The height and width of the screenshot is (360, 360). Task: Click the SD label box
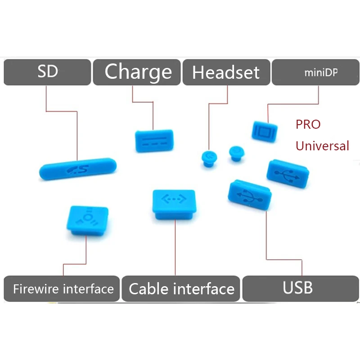[x=47, y=72]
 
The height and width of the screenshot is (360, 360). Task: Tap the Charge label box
[x=137, y=72]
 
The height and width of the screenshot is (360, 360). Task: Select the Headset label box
[x=226, y=72]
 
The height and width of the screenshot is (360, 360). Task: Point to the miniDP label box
[x=316, y=72]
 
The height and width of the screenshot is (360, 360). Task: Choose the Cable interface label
[x=181, y=288]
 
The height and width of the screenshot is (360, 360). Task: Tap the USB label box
[x=301, y=288]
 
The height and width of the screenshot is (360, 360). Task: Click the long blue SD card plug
[x=78, y=169]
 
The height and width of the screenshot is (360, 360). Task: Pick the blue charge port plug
[x=154, y=141]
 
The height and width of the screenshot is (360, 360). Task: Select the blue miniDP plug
[x=265, y=132]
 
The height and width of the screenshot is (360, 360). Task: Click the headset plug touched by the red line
[x=209, y=159]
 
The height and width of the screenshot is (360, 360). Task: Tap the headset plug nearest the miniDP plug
[x=237, y=153]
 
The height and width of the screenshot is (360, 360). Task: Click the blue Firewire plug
[x=87, y=220]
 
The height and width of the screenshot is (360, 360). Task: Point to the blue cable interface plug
[x=174, y=204]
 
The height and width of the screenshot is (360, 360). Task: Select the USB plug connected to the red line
[x=250, y=195]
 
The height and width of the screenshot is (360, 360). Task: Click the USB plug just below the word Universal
[x=288, y=174]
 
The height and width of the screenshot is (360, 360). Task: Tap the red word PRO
[x=308, y=125]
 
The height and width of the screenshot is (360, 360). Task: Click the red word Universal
[x=322, y=146]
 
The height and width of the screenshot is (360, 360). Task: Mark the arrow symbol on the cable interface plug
[x=174, y=199]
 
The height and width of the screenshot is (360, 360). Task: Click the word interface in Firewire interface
[x=88, y=288]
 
